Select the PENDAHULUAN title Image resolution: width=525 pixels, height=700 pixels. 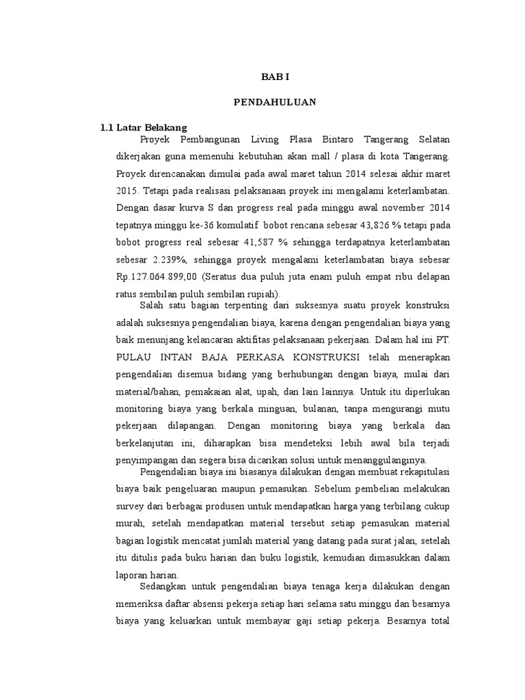tap(274, 102)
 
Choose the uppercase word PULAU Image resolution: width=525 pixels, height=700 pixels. tap(135, 358)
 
